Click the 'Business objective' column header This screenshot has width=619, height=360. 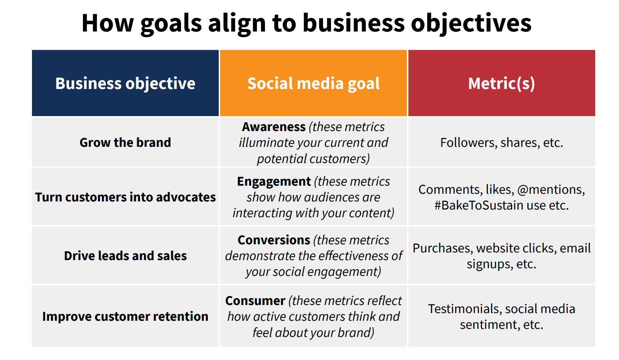click(x=125, y=83)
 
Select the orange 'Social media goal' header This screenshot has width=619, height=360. click(x=314, y=83)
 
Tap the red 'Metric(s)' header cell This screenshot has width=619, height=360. click(x=502, y=83)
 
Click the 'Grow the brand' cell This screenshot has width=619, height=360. click(x=125, y=142)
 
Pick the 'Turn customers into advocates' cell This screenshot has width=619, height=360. click(x=125, y=197)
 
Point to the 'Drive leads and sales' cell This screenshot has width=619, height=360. click(x=125, y=256)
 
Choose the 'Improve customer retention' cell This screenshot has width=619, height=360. click(x=125, y=316)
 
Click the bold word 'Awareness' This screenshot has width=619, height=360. click(x=274, y=127)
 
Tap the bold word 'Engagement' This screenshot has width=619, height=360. click(x=274, y=182)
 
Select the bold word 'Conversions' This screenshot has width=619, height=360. click(x=274, y=240)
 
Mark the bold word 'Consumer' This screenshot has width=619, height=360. click(x=255, y=301)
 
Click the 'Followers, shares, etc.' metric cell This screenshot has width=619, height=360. click(x=502, y=142)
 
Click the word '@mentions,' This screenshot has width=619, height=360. click(x=551, y=190)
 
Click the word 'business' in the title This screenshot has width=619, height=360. click(x=354, y=23)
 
